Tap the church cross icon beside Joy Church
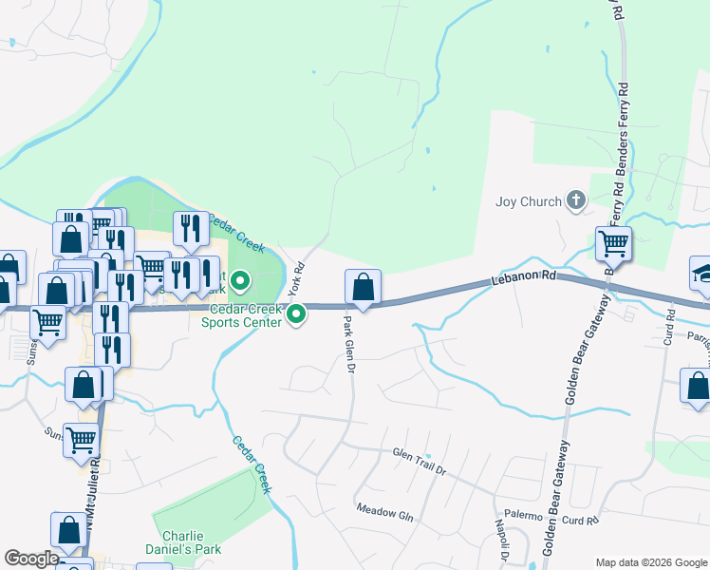(x=574, y=200)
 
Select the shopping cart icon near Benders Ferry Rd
(x=613, y=244)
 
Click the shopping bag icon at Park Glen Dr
(x=363, y=286)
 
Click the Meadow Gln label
(x=385, y=512)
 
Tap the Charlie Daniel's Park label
(x=191, y=542)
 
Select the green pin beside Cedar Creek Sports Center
(x=297, y=313)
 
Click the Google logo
(x=32, y=559)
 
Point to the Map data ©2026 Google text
(x=650, y=562)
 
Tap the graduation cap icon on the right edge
(x=701, y=273)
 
